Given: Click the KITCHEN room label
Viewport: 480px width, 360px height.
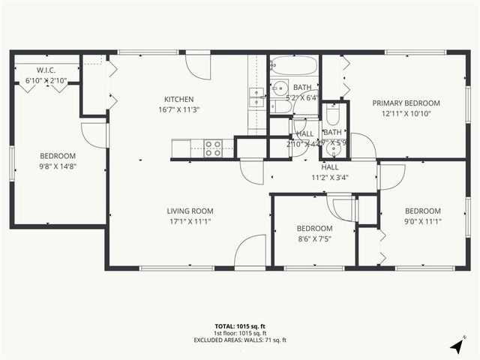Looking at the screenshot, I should point(179,99).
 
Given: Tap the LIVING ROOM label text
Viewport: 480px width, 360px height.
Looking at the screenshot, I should point(190,211).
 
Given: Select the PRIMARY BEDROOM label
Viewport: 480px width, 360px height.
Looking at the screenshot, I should point(406,103).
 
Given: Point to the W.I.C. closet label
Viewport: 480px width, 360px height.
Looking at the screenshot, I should point(46,70).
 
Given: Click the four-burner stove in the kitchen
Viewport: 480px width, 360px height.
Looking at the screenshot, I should point(213,148).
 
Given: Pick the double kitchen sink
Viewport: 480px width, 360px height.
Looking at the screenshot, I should point(256,98).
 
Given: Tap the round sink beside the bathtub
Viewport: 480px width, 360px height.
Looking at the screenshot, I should point(279,87).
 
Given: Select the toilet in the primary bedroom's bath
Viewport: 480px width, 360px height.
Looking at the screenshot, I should point(334,114).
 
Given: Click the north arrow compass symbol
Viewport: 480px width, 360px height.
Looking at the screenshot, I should point(457,346).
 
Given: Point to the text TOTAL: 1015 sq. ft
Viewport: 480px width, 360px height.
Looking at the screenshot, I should point(239,326).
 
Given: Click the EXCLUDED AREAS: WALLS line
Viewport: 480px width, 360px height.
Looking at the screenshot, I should point(239,340).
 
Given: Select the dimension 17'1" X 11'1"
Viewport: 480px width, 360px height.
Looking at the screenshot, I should point(190,221).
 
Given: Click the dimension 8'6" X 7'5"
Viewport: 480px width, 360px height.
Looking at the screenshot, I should point(314,239).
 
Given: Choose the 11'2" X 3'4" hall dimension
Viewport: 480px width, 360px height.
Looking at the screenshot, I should point(330,178).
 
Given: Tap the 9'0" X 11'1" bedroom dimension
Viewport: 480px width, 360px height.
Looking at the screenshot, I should point(423,221).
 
